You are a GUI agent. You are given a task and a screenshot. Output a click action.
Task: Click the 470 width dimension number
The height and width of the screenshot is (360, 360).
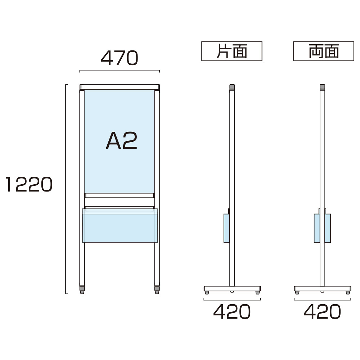pyautogui.click(x=120, y=58)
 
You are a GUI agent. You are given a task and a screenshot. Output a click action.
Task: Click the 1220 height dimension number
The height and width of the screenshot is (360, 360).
pyautogui.click(x=29, y=184)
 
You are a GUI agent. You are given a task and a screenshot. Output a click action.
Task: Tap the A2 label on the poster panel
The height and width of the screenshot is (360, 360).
pyautogui.click(x=121, y=140)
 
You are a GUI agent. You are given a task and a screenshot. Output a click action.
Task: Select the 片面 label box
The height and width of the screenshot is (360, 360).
pyautogui.click(x=231, y=51)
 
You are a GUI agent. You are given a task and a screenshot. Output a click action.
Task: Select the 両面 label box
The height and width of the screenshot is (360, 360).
pyautogui.click(x=324, y=51)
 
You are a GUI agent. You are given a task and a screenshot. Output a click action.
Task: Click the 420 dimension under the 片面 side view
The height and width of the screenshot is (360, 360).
pyautogui.click(x=232, y=311)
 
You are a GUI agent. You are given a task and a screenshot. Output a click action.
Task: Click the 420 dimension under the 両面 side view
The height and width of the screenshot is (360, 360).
pyautogui.click(x=322, y=311)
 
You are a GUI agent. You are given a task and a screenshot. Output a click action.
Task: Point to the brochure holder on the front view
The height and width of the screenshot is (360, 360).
pyautogui.click(x=120, y=225)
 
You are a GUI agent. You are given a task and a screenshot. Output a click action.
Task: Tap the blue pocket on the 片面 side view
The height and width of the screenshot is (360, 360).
pyautogui.click(x=226, y=228)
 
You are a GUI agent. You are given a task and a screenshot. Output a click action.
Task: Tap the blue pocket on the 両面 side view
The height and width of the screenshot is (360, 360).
pyautogui.click(x=322, y=228)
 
